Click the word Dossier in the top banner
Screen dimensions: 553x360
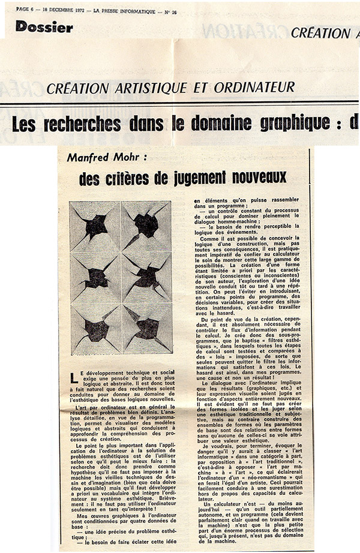point(44,26)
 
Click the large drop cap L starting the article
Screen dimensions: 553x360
point(74,377)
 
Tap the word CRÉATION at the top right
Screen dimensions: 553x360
point(320,34)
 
